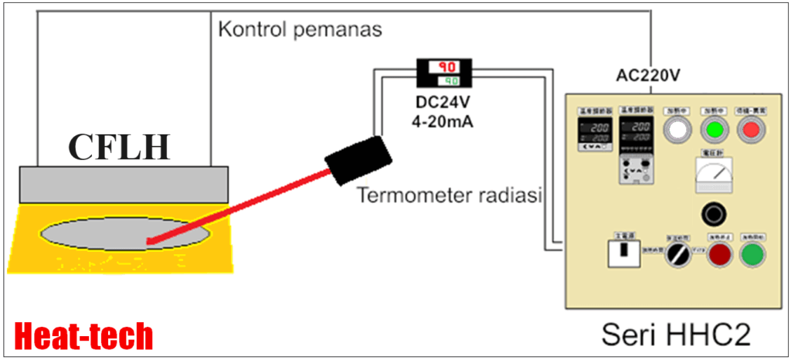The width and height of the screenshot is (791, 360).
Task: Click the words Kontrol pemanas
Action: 300,31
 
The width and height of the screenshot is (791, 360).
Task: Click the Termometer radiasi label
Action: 451,195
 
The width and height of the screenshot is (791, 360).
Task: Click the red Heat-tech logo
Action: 83,337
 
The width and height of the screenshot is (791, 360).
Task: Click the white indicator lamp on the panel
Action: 676,130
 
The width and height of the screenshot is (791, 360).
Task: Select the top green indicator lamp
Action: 715,130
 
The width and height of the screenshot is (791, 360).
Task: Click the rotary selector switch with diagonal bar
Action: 677,253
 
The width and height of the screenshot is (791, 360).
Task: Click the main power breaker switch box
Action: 623,253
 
